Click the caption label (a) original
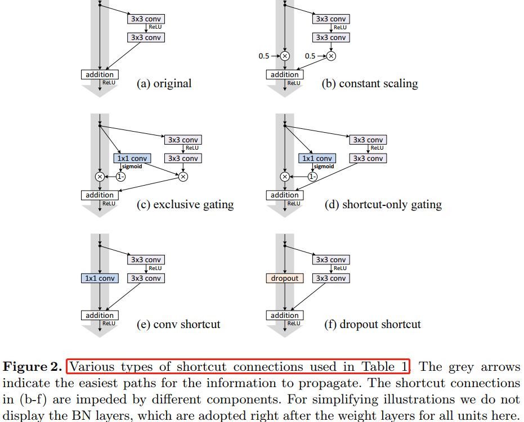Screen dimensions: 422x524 click(164, 84)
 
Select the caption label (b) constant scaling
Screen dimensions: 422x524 click(369, 84)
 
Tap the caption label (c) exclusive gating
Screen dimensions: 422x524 click(185, 204)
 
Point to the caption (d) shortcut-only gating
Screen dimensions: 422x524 click(383, 204)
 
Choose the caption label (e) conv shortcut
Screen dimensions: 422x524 click(178, 324)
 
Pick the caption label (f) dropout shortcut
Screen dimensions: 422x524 click(371, 324)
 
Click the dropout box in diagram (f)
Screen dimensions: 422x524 click(285, 278)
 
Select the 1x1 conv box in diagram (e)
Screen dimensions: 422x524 click(100, 278)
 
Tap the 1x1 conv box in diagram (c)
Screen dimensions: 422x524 click(131, 159)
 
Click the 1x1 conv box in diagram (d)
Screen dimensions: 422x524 click(317, 159)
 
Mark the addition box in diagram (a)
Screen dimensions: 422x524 click(100, 75)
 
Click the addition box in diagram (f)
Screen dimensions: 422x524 click(285, 316)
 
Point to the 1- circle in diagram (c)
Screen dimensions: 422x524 click(120, 177)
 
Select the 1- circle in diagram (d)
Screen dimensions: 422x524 click(312, 177)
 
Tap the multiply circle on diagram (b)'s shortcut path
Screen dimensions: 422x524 click(285, 56)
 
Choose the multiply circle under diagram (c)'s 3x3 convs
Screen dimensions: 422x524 click(183, 177)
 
